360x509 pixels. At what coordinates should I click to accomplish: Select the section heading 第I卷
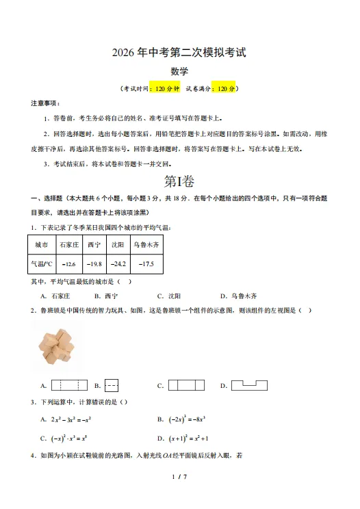click(x=179, y=181)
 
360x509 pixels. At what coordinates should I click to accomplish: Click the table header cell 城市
click(x=41, y=244)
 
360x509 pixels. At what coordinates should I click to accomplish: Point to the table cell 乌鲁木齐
click(x=146, y=244)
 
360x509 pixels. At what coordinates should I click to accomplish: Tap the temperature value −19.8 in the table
click(x=94, y=263)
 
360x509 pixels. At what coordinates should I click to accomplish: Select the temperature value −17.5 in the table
click(x=146, y=263)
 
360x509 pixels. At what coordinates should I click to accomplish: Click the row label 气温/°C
click(x=41, y=263)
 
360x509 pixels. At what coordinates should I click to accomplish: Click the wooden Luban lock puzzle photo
click(x=57, y=345)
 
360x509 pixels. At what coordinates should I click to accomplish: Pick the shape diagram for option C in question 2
click(x=186, y=385)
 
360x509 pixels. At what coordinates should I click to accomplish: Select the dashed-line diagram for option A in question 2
click(x=69, y=385)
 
